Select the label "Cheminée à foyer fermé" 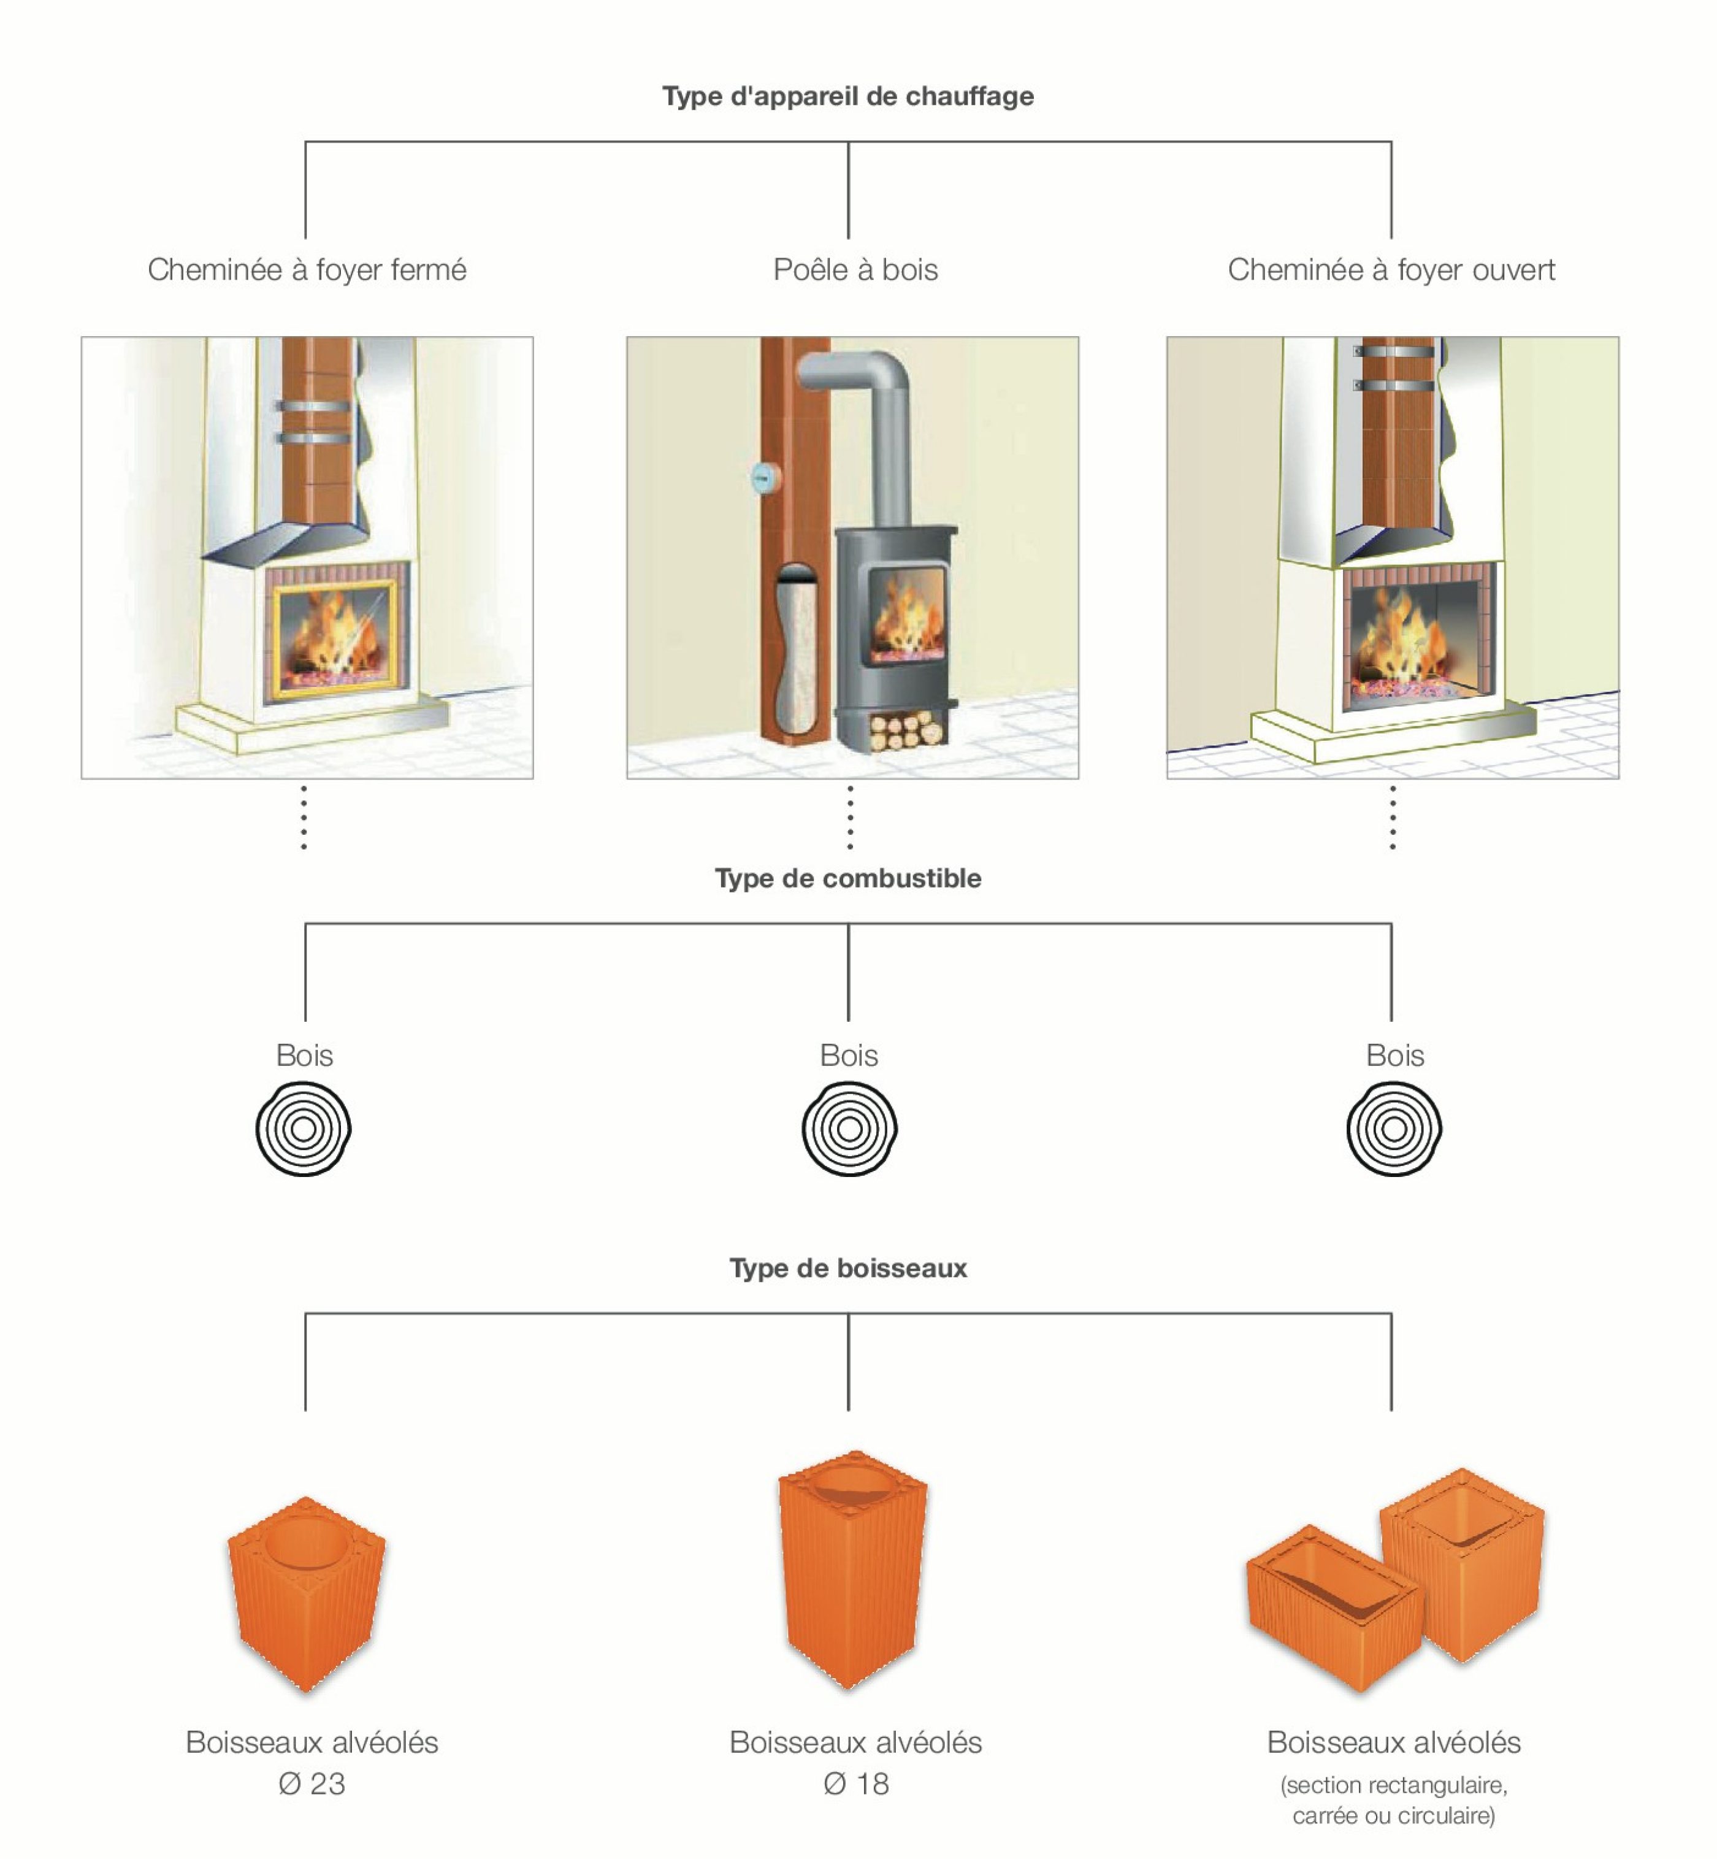click(307, 269)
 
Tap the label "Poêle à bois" click(855, 269)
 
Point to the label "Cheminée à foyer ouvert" click(1391, 269)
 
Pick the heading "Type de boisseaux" click(847, 1269)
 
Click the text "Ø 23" click(312, 1784)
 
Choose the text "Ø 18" click(855, 1784)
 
